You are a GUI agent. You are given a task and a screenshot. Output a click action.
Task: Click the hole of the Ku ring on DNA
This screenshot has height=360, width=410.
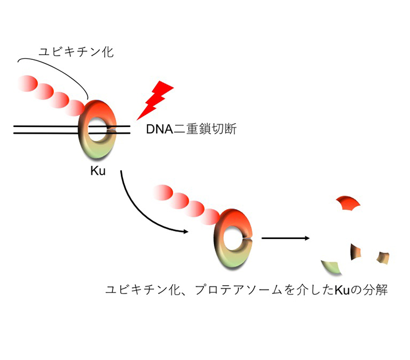[99, 129]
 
